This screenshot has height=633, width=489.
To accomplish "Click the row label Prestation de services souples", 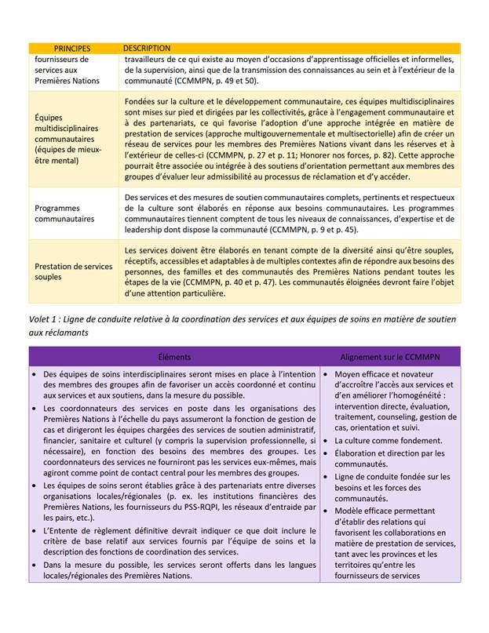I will coord(74,271).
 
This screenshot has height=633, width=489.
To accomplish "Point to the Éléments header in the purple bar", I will coord(173,356).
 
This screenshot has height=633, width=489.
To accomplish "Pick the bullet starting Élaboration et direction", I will coord(389,453).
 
